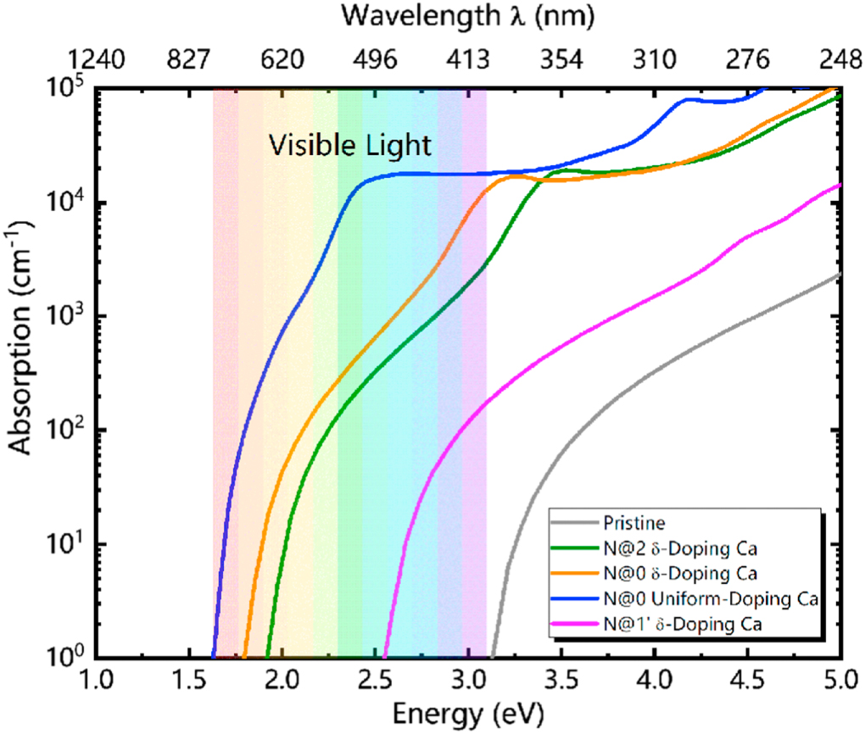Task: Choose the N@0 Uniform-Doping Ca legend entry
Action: point(709,600)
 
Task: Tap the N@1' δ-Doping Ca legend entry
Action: point(674,626)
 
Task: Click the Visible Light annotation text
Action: point(350,145)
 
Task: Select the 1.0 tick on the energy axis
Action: point(96,680)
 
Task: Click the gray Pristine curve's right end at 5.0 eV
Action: point(839,275)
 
